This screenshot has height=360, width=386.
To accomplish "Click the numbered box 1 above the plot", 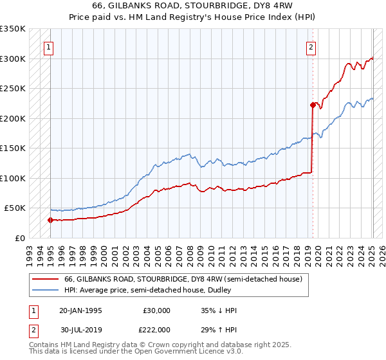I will [x=50, y=46].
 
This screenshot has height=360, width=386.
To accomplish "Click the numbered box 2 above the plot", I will [x=311, y=46].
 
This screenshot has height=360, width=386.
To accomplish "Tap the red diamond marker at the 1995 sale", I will [x=50, y=220].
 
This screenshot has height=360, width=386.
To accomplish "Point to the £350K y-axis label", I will [x=13, y=29].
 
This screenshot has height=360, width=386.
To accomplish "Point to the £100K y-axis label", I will [x=13, y=178].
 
